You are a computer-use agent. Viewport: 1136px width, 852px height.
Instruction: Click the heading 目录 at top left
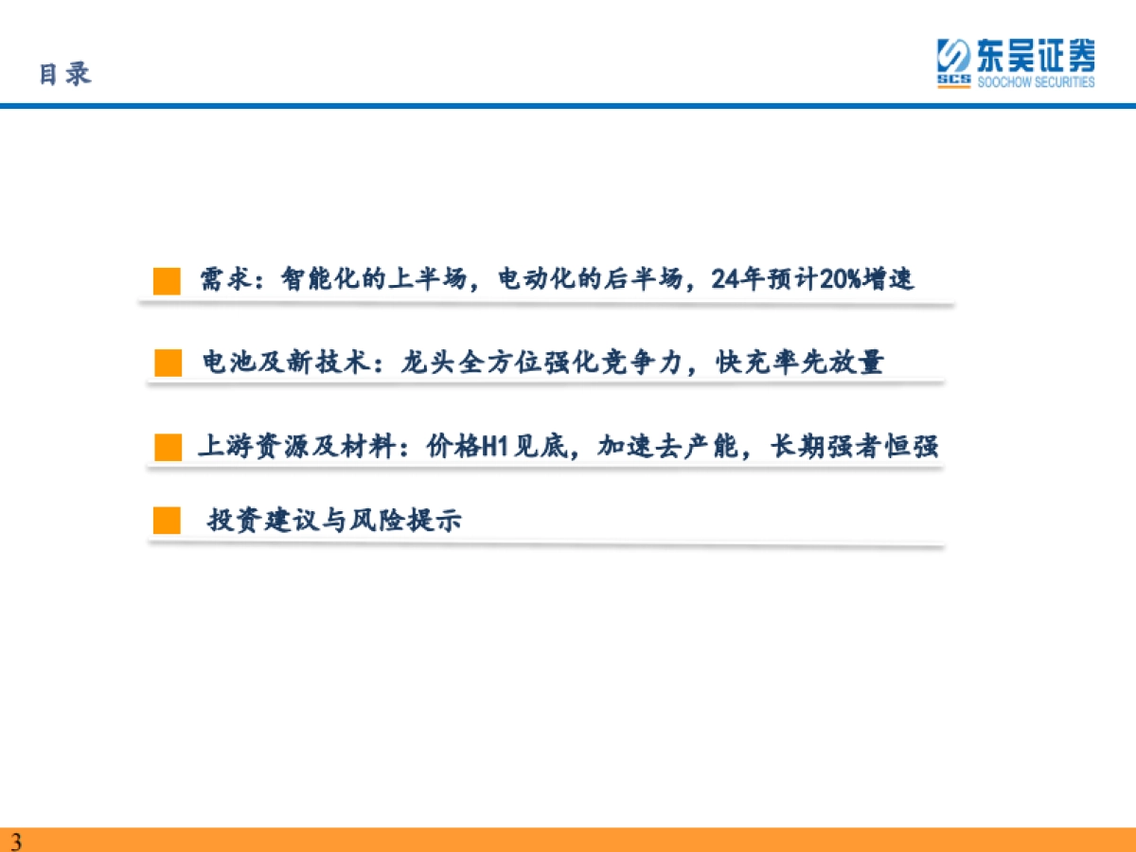[x=64, y=74]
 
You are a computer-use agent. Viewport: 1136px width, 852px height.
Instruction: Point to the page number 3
[x=16, y=842]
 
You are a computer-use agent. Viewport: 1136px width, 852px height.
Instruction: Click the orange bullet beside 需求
[x=167, y=281]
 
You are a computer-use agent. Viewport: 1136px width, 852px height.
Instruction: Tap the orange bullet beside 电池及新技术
[x=169, y=363]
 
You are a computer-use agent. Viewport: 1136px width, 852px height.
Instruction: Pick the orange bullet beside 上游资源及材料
[x=168, y=447]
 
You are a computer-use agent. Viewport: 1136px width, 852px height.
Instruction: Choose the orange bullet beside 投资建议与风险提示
[x=167, y=520]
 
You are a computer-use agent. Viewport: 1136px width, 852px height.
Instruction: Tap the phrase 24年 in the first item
[x=731, y=279]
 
